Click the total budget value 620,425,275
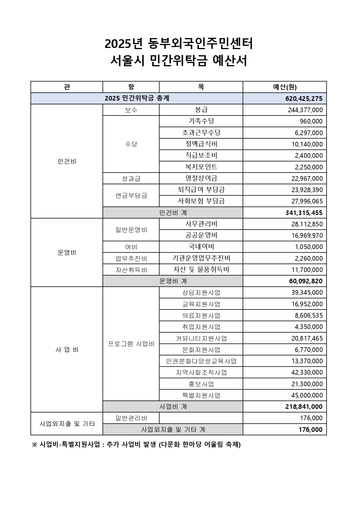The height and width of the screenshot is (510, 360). point(304,99)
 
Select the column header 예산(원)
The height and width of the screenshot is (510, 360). point(285,87)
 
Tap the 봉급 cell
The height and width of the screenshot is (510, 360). point(201,110)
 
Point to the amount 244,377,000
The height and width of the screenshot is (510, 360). point(305,110)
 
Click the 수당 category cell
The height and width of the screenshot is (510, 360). point(131,144)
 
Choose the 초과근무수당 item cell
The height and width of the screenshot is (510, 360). point(201,133)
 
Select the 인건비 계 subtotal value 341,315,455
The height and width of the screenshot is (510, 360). point(304,213)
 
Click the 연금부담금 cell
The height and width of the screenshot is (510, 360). point(131,195)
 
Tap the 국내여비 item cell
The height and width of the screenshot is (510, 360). point(201,247)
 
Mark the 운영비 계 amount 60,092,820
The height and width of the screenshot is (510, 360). point(306,281)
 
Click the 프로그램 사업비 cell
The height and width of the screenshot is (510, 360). point(131,344)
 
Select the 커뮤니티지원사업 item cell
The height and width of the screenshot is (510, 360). point(201,338)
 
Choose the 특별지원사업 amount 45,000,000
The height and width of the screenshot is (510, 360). point(307,395)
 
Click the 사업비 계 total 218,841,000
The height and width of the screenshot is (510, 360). point(304,407)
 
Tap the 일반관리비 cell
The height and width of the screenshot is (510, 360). point(131,418)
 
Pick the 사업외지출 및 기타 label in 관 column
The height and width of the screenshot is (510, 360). point(67,424)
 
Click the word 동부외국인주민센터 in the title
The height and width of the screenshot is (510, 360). point(200,44)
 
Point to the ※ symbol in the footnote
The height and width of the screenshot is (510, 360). point(35,445)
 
